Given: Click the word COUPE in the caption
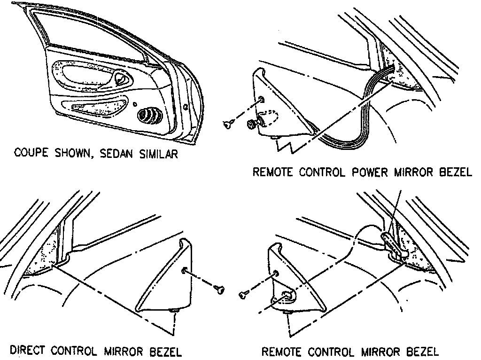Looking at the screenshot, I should [31, 154].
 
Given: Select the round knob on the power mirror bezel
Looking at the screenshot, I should [251, 124].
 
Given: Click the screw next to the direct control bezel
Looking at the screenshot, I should [218, 288].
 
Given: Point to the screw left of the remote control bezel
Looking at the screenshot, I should [243, 294].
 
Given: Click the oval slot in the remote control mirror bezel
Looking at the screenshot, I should [287, 295].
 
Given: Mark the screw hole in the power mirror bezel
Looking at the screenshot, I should [261, 99].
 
